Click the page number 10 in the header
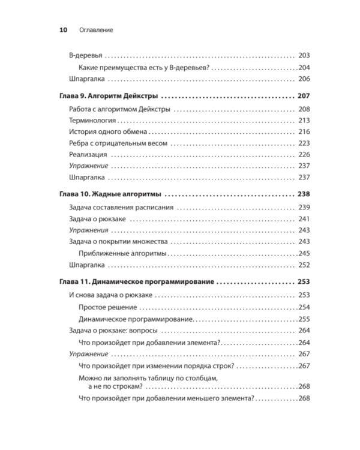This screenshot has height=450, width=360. click(62, 29)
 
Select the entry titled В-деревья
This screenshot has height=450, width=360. click(86, 55)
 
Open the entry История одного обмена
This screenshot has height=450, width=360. click(108, 132)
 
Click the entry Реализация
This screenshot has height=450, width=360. click(88, 155)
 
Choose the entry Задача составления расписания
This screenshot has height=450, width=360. click(121, 208)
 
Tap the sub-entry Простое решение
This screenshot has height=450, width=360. click(108, 307)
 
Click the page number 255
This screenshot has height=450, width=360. click(304, 319)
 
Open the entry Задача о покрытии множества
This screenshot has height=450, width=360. click(118, 242)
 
